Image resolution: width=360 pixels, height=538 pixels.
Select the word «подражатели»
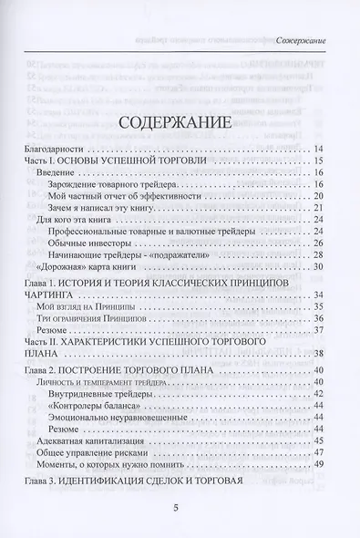190,254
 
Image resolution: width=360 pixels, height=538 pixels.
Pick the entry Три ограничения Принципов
92,319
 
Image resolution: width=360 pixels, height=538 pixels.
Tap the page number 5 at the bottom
180,512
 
